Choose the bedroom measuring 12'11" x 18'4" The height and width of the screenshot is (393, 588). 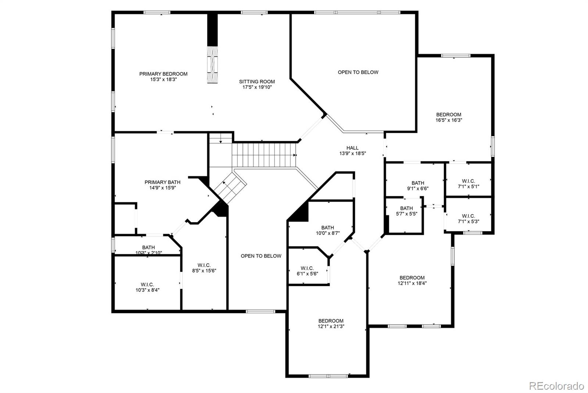pyautogui.click(x=412, y=281)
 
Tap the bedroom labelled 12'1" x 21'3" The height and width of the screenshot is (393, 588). pyautogui.click(x=331, y=324)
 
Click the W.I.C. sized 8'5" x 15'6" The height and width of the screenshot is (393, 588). pyautogui.click(x=204, y=268)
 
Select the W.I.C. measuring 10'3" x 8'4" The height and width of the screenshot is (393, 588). pyautogui.click(x=147, y=287)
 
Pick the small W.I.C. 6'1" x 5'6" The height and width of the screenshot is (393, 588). pyautogui.click(x=307, y=271)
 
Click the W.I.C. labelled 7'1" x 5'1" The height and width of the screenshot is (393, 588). pyautogui.click(x=468, y=184)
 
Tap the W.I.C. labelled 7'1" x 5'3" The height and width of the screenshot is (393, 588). pyautogui.click(x=468, y=219)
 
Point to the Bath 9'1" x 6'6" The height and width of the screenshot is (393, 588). pyautogui.click(x=417, y=186)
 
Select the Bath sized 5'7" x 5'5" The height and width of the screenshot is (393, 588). pyautogui.click(x=406, y=211)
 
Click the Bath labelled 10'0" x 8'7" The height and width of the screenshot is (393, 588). pyautogui.click(x=327, y=231)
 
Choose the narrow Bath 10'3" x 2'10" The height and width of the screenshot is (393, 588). pyautogui.click(x=148, y=250)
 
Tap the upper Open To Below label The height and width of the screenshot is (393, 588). pyautogui.click(x=358, y=72)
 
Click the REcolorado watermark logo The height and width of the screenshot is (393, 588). pyautogui.click(x=556, y=386)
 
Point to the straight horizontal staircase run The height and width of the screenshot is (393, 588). pyautogui.click(x=264, y=155)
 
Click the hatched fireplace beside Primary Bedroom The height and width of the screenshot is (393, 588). pyautogui.click(x=212, y=65)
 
